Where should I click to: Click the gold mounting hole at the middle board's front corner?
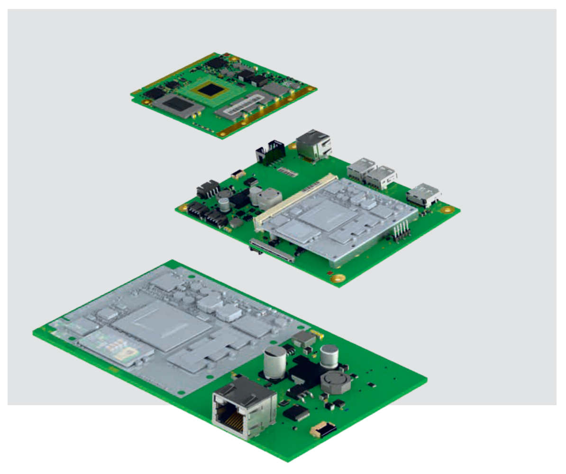point(338,278)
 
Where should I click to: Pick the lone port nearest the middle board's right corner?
point(423,195)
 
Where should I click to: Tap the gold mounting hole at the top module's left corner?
point(135,94)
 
